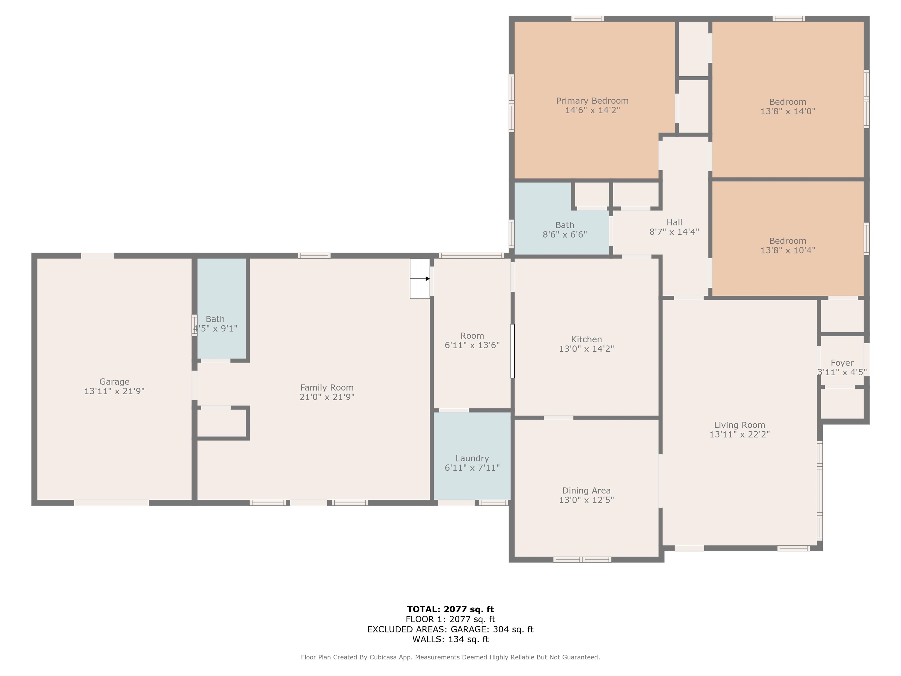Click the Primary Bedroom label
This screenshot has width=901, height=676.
click(592, 101)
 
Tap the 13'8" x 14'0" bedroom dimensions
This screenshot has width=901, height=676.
click(787, 111)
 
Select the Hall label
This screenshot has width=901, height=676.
click(674, 222)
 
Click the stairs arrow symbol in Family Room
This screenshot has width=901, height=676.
click(427, 279)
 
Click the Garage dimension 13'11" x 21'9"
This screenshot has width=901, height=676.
click(114, 391)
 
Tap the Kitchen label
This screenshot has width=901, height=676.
click(586, 339)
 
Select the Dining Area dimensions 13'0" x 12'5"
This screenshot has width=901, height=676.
click(586, 500)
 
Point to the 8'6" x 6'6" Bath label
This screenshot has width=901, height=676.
click(565, 225)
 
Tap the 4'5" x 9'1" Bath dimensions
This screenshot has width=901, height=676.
click(215, 328)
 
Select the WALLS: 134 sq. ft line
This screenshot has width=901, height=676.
click(450, 639)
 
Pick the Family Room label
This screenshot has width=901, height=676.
click(327, 388)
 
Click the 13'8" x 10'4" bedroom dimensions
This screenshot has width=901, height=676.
click(787, 250)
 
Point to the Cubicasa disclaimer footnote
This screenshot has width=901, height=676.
click(450, 657)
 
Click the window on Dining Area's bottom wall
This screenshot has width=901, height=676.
click(582, 560)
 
